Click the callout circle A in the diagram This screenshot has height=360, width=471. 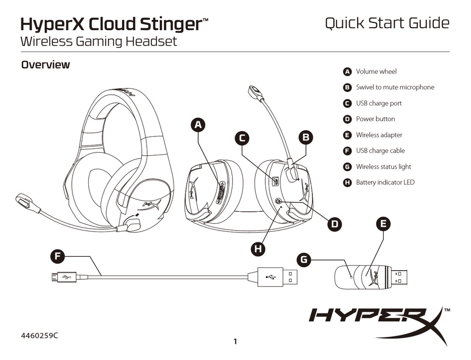(198, 125)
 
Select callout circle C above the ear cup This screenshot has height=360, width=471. (241, 138)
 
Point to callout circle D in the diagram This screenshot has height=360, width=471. (335, 224)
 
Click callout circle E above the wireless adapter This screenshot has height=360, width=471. (382, 224)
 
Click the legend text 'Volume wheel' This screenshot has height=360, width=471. (376, 71)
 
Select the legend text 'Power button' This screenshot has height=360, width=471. (375, 119)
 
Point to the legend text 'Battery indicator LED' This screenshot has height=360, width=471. (385, 182)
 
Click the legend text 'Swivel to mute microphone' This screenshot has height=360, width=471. (395, 87)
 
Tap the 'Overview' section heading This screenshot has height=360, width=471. (45, 64)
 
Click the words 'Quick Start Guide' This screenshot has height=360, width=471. (387, 23)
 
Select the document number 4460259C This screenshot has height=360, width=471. (39, 335)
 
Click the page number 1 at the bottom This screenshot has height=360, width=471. (235, 341)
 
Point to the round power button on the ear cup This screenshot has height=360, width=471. (279, 201)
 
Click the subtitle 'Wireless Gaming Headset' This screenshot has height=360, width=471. (98, 42)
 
